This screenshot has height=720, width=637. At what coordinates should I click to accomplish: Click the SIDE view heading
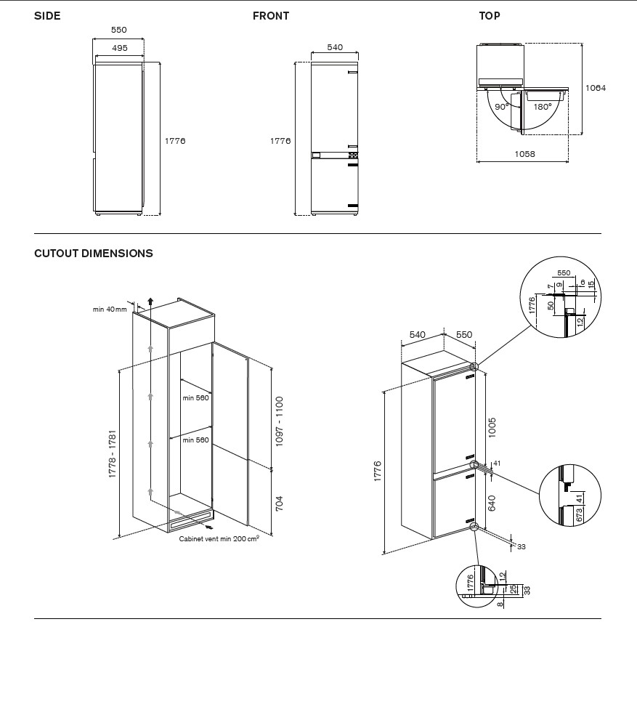(x=47, y=16)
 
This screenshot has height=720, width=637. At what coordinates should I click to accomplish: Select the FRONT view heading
(x=270, y=16)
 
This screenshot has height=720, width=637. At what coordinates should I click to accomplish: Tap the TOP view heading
(x=489, y=16)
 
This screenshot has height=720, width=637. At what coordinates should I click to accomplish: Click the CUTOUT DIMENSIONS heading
(x=94, y=254)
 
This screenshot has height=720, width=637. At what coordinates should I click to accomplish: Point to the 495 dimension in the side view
(x=119, y=48)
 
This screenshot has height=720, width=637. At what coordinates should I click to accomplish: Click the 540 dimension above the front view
(x=334, y=48)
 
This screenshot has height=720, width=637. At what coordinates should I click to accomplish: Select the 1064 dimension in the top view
(x=595, y=88)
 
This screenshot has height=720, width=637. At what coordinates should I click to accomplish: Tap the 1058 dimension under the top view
(x=524, y=154)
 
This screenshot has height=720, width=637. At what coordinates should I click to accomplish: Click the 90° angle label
(x=501, y=107)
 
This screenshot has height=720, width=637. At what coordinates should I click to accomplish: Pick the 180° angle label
(x=542, y=107)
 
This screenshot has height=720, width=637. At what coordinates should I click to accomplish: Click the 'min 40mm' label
(x=110, y=310)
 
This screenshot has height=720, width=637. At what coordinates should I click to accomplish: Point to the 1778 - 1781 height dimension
(x=113, y=453)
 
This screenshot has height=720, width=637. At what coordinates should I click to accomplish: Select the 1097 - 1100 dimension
(x=280, y=421)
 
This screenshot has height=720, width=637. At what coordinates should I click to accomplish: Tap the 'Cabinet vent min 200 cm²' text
(x=219, y=539)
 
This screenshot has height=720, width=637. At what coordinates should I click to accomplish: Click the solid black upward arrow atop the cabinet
(x=150, y=302)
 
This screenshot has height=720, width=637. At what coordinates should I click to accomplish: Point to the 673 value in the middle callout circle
(x=579, y=515)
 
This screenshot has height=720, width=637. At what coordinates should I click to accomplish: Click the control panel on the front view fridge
(x=334, y=155)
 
